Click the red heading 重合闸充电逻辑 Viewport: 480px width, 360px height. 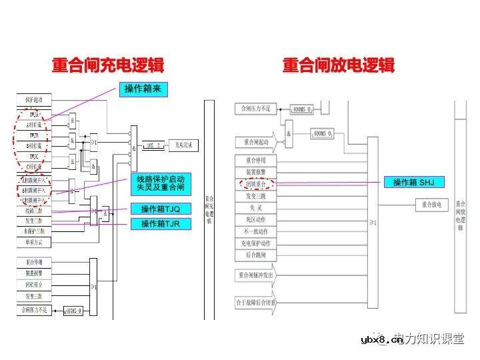tap(109, 65)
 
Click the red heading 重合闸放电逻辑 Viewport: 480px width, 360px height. tap(338, 65)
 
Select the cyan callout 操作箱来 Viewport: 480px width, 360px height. tap(143, 89)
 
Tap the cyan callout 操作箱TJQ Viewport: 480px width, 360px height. tap(161, 209)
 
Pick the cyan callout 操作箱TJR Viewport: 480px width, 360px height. tap(161, 223)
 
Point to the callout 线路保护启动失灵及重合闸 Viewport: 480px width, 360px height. tap(161, 184)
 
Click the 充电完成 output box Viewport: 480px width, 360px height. tap(183, 144)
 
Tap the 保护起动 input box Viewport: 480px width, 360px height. tap(34, 100)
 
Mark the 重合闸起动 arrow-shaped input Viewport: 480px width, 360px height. tap(257, 142)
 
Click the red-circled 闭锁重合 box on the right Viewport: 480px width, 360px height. tap(256, 182)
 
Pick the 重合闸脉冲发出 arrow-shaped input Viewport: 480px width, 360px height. tap(257, 274)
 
